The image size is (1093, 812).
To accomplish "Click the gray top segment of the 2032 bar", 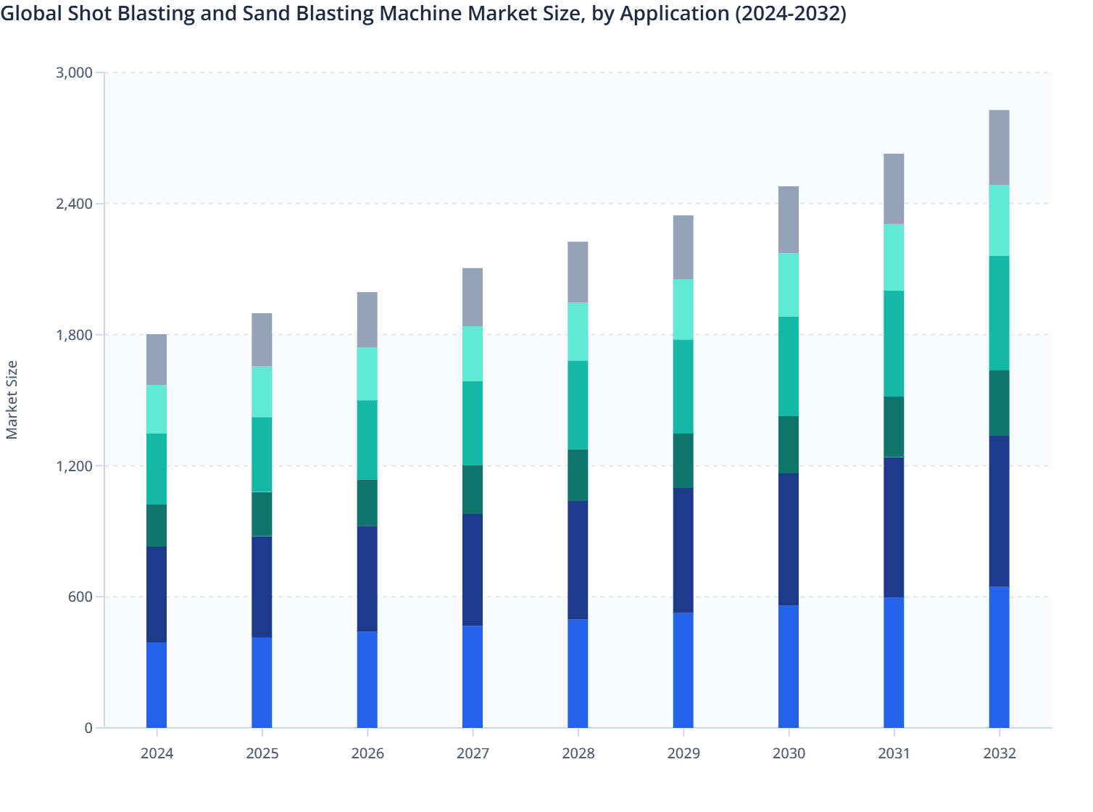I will [999, 147].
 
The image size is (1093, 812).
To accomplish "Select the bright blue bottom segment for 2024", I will [157, 684].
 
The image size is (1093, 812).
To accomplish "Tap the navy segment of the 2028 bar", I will [578, 559].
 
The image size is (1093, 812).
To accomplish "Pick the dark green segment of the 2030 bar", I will [789, 444].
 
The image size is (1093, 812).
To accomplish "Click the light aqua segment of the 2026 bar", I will [367, 373].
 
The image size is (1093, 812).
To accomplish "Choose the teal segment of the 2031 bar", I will [894, 343].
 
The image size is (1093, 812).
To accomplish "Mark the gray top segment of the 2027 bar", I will [473, 297].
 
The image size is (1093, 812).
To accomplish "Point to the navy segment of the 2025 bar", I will [262, 586].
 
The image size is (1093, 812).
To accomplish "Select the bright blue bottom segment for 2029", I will [683, 670].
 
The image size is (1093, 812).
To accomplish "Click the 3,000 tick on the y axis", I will [74, 72].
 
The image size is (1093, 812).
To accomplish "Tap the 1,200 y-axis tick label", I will [74, 465].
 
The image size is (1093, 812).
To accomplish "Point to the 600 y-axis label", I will [80, 597].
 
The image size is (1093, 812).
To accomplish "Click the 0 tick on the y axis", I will [88, 728].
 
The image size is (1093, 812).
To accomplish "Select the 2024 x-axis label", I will [157, 753].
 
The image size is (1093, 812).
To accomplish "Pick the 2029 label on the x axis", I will [683, 753].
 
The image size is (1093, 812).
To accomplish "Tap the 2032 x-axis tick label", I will [999, 753].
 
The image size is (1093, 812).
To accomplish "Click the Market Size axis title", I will [12, 399].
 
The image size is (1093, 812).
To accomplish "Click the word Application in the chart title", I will [673, 14].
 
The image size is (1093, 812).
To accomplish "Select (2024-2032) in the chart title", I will [791, 14].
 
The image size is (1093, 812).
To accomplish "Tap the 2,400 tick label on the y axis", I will [74, 204].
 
